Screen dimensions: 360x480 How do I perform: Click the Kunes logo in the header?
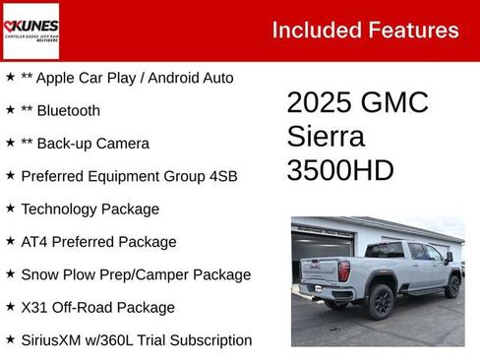30,30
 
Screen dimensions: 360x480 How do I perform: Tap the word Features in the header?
412,30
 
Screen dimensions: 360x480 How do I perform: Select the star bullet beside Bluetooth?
10,110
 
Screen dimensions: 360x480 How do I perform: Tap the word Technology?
61,210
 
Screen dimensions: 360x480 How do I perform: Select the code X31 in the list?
35,308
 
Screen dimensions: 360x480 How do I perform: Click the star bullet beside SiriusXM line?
10,340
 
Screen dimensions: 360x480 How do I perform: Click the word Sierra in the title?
326,137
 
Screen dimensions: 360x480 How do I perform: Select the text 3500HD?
340,170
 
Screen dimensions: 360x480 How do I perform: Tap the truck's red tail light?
343,270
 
